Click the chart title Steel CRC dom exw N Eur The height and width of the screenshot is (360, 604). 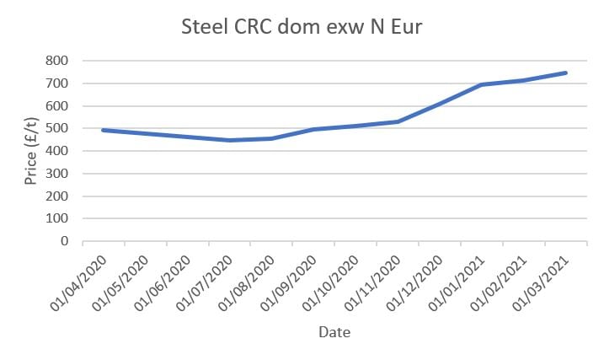point(302,27)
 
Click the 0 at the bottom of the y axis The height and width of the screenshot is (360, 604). point(64,241)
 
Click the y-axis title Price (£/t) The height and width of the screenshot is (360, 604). point(30,151)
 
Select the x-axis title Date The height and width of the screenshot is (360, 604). point(334,332)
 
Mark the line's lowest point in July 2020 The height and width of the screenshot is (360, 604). point(229,140)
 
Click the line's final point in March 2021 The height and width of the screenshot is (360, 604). point(566,73)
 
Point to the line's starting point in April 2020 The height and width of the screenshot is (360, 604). point(103,130)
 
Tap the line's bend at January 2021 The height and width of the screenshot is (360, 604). point(482,84)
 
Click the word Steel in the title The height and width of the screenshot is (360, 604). point(203,27)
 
